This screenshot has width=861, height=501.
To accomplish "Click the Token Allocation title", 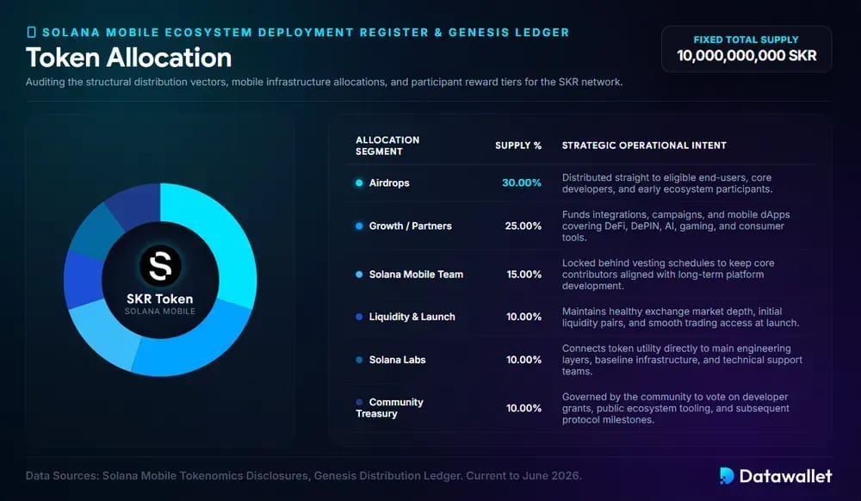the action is coord(128,58).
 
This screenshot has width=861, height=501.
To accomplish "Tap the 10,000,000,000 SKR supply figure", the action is coord(746,55).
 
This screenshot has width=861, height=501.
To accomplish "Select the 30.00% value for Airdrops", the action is coord(522,182).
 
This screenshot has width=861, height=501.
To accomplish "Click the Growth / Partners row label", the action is coord(410,226).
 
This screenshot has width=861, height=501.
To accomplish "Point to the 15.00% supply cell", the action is coord(523,274).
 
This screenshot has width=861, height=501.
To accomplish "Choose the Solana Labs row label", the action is coord(397,360).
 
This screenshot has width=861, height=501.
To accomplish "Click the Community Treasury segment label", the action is coord(389,408).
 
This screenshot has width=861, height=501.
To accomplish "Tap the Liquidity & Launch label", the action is coord(412,317).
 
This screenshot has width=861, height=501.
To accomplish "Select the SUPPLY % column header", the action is coord(518,145).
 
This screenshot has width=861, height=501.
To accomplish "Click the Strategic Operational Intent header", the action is coord(644,145).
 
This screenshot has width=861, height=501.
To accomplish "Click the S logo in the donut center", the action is coord(160,266).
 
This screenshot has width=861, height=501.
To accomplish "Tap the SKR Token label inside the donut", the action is coord(160,299).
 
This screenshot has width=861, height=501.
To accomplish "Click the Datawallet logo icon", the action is coord(727,476).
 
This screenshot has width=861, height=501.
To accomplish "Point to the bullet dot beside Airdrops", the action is coord(359,182).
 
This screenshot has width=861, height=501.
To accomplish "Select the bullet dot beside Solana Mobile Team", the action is coord(359,274).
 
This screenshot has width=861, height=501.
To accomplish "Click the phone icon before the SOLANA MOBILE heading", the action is coord(31,33).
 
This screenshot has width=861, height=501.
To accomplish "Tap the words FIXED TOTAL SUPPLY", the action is coord(746,40).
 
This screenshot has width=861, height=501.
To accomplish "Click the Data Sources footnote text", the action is coord(304,476).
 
